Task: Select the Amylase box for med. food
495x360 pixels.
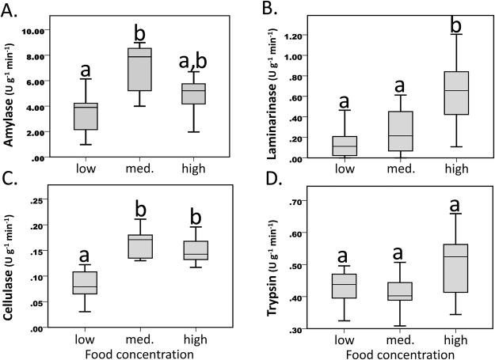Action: (x=139, y=70)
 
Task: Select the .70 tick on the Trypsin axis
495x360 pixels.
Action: (x=294, y=203)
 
